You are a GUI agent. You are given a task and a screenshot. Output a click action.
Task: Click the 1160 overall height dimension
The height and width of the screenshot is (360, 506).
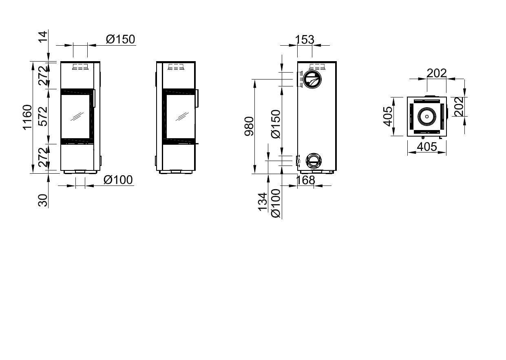point(28,117)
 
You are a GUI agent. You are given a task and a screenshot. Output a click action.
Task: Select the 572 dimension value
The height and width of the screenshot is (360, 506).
point(43,116)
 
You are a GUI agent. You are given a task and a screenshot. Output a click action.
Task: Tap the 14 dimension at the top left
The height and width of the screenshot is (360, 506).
point(43,37)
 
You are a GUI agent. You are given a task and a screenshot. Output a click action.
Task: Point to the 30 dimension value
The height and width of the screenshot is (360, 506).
point(43,200)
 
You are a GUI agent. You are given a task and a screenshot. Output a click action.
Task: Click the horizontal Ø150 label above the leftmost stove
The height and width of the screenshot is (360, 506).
point(121,39)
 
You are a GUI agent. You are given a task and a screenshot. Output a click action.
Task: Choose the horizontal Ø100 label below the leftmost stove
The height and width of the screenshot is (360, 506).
point(118,180)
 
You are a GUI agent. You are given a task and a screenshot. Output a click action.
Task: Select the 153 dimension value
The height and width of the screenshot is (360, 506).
point(305,40)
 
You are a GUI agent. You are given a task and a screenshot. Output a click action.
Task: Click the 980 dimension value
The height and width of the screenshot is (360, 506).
point(249,126)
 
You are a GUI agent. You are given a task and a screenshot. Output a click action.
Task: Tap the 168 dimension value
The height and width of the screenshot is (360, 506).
point(305,180)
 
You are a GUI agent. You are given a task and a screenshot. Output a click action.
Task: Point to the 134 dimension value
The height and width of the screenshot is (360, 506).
point(263,202)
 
